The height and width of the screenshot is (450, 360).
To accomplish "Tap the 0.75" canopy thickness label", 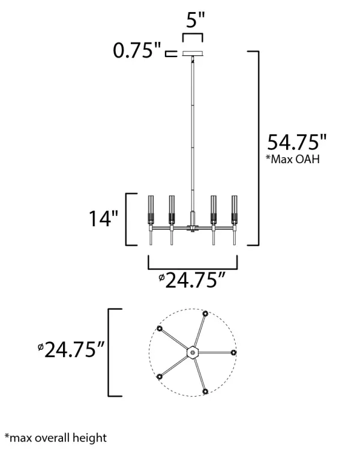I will click(137, 52).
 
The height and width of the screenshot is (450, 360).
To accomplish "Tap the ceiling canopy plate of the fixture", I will click(193, 53).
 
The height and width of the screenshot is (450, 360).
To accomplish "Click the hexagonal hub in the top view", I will click(193, 351).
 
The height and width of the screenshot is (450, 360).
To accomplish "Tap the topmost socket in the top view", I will click(206, 314).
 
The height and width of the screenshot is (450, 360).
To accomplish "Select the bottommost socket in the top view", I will click(206, 391).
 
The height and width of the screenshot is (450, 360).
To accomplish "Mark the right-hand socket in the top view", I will click(233, 352).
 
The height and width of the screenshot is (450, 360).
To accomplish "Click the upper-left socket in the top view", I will click(160, 328).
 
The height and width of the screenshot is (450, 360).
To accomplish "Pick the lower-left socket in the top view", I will click(160, 376).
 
